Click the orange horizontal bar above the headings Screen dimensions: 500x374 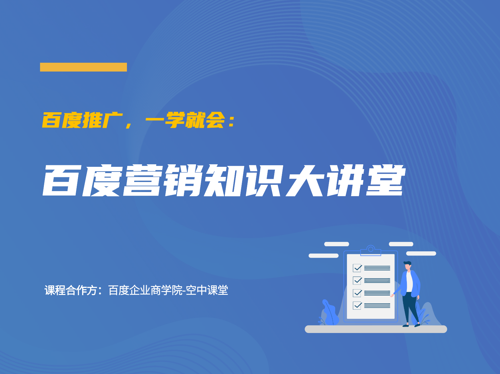click(x=83, y=67)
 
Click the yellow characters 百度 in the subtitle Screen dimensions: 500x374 click(x=62, y=120)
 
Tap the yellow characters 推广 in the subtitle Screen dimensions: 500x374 click(x=103, y=120)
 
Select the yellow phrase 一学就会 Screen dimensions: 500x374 click(x=185, y=120)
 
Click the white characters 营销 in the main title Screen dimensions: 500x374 click(x=163, y=180)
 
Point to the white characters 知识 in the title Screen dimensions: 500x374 click(x=243, y=180)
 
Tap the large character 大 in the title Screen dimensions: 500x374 click(x=305, y=180)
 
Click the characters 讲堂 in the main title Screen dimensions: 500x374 click(x=366, y=180)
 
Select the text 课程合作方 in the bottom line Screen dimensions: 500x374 click(x=71, y=290)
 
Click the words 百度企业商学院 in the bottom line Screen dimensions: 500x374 click(x=146, y=290)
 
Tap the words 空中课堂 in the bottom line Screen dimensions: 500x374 click(x=207, y=290)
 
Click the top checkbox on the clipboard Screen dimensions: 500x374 click(x=357, y=268)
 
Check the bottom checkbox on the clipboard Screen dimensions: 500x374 click(x=357, y=306)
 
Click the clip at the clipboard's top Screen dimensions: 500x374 click(x=371, y=250)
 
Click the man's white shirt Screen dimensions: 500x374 click(x=409, y=282)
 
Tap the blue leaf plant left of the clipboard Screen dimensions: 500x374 click(x=329, y=313)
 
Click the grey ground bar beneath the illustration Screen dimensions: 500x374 click(x=376, y=329)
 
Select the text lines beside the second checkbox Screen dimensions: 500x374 click(x=377, y=281)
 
